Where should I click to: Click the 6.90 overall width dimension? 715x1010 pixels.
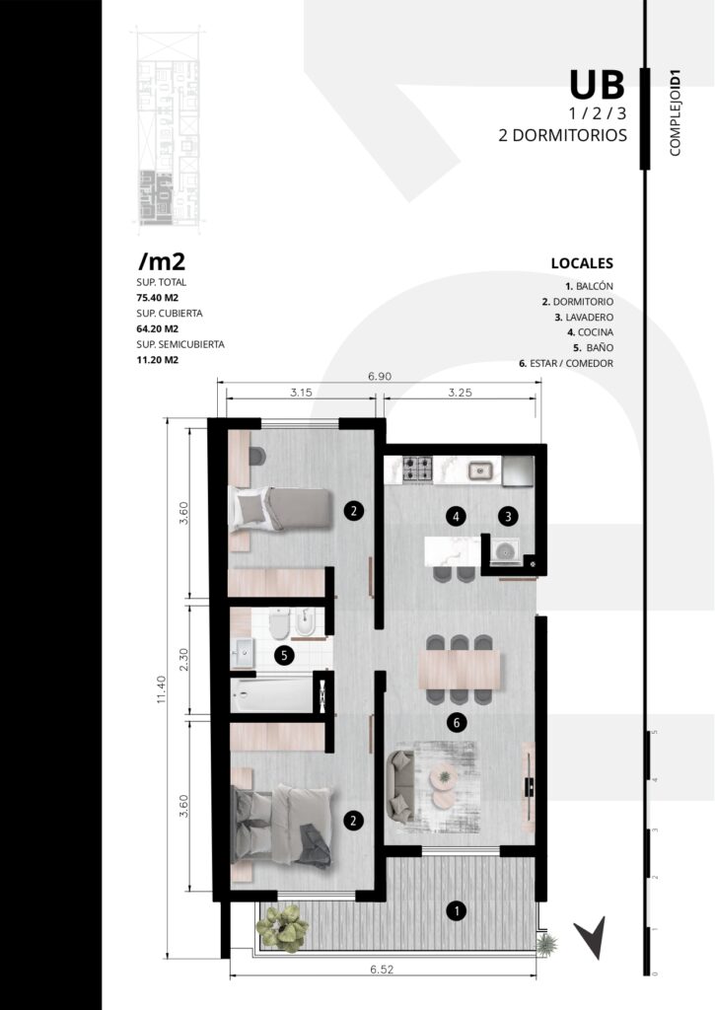[x=380, y=376]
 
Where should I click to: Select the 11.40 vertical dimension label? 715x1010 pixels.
[x=161, y=688]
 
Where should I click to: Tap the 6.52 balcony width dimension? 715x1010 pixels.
[x=382, y=969]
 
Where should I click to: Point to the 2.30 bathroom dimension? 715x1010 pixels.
[x=183, y=660]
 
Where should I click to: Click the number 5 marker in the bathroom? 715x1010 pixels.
[x=284, y=656]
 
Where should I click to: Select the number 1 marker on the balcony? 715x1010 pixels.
[x=457, y=910]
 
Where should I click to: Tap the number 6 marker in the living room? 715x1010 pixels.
[x=457, y=723]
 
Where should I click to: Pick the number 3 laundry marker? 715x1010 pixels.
[x=508, y=516]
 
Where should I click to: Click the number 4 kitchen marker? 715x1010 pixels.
[x=456, y=516]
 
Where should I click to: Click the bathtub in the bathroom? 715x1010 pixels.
[x=272, y=694]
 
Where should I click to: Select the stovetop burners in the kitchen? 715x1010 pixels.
[x=417, y=469]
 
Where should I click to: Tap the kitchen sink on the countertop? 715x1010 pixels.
[x=480, y=470]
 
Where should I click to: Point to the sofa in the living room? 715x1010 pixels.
[x=400, y=786]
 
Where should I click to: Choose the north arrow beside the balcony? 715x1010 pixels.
[x=591, y=936]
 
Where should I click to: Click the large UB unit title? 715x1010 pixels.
[x=597, y=85]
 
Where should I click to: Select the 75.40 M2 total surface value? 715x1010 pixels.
[x=157, y=298]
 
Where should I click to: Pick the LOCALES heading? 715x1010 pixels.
[x=582, y=262]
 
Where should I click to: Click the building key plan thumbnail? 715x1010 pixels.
[x=169, y=126]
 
